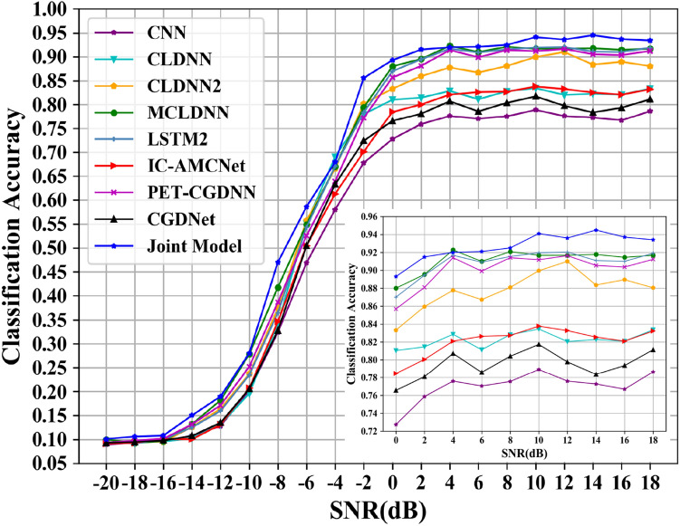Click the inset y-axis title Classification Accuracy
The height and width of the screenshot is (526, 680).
352,324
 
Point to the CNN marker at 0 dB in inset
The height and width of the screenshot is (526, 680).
396,424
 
